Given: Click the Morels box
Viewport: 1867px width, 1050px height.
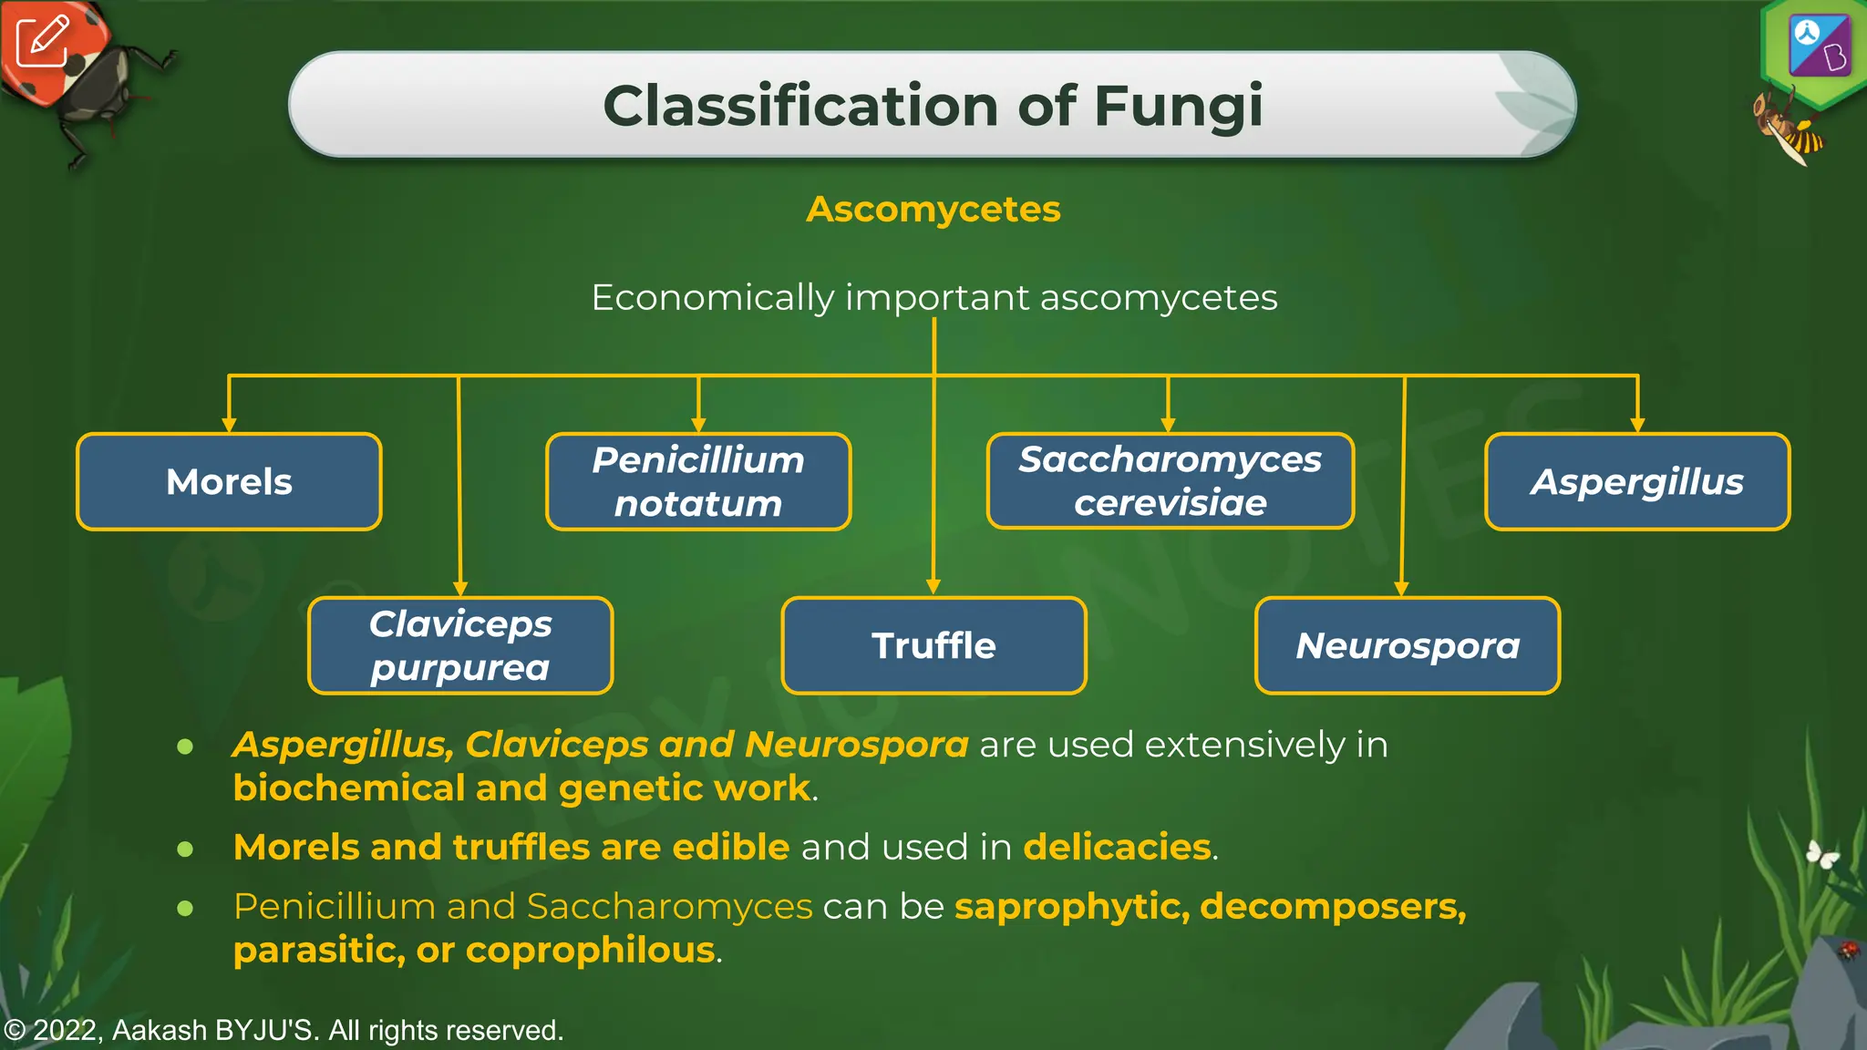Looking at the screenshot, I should [229, 481].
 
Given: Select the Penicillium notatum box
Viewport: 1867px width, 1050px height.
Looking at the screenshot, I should [698, 481].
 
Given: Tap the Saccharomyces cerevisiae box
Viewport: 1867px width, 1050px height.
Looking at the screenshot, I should [1171, 480].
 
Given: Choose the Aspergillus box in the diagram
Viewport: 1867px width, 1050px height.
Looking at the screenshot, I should [1637, 481].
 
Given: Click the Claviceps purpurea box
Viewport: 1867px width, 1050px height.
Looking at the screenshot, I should [460, 645].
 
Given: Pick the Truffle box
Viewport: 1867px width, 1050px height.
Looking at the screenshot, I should [933, 645].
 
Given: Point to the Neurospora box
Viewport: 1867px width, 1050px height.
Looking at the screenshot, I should [1408, 645].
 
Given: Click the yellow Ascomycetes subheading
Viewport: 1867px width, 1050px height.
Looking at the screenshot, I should [933, 210].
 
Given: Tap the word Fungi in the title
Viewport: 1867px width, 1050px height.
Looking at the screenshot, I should [1178, 106].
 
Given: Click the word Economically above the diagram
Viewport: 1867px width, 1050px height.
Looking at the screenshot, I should [712, 298].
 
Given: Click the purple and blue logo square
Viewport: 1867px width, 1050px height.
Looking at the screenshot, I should [1820, 46].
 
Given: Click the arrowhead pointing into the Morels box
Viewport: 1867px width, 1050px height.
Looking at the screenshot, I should [229, 425].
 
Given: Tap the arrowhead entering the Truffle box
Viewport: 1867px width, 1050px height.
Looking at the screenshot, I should [933, 588].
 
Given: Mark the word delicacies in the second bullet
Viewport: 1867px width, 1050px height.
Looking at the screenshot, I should [1117, 847].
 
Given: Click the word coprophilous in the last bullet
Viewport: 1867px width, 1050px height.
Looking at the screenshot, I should [590, 951].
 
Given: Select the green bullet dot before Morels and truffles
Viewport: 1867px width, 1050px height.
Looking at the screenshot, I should [185, 849].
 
